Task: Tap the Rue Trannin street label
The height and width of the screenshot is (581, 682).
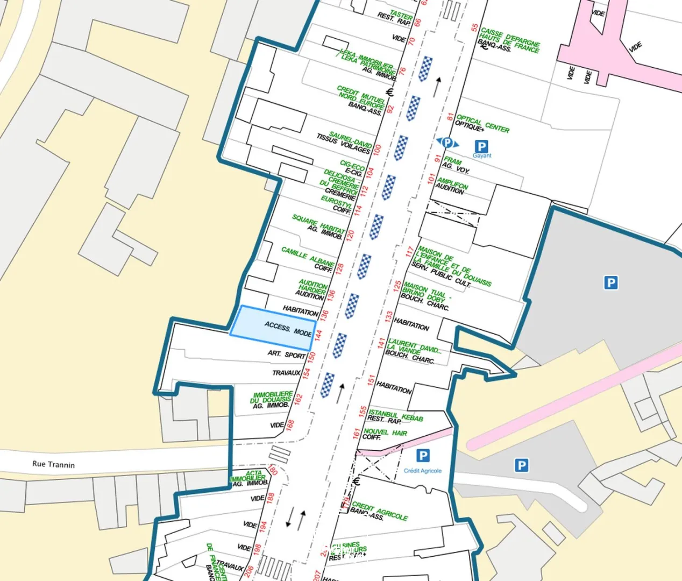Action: pos(53,464)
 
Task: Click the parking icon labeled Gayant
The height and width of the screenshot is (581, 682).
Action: pos(481,146)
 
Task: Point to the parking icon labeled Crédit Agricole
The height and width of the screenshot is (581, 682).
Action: pos(423,456)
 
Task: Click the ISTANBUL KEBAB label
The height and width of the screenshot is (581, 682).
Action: pos(396,415)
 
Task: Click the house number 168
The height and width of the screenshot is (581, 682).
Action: pos(290,426)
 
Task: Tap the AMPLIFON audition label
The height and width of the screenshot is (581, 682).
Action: pos(452,184)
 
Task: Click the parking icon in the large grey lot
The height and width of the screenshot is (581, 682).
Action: pos(610,283)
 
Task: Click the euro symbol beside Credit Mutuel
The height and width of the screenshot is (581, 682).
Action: pos(390,92)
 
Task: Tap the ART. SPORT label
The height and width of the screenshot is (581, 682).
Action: pos(287,354)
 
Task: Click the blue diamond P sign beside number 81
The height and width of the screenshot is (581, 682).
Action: pos(447,143)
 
